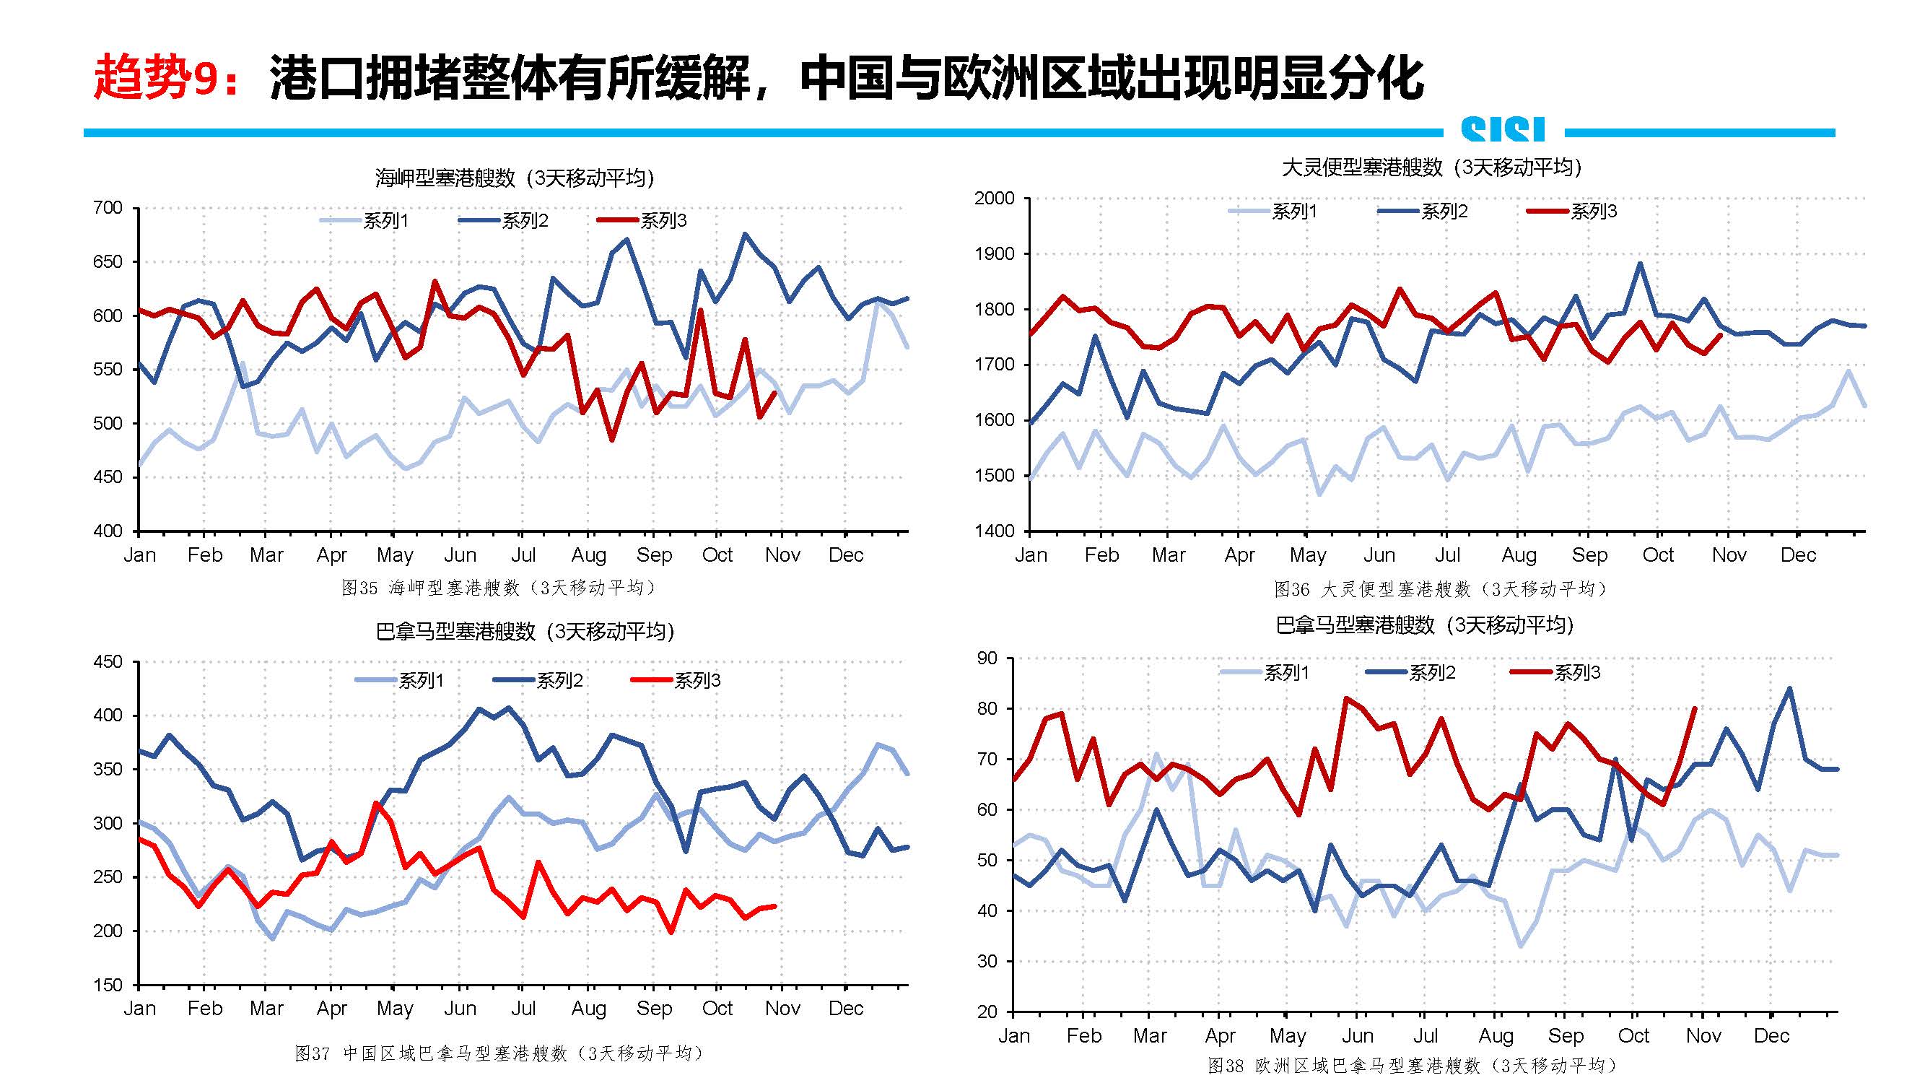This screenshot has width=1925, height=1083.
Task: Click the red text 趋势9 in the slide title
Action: (162, 77)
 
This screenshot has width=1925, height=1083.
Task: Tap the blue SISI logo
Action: (1503, 130)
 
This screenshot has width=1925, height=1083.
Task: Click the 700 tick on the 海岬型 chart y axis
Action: (108, 208)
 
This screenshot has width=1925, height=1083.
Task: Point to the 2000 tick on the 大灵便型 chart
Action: (994, 198)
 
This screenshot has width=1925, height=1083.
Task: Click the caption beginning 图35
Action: (499, 588)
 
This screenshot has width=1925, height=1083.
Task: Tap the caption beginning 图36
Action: (1440, 590)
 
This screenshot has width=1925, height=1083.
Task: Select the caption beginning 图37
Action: (499, 1053)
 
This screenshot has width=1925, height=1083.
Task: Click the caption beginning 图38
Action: (1413, 1065)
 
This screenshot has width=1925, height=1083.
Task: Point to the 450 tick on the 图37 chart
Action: (108, 661)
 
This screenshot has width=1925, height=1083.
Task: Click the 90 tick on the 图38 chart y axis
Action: (987, 658)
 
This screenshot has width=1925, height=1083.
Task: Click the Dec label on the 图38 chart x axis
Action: (1771, 1036)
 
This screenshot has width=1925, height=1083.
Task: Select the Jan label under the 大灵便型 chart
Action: (1031, 555)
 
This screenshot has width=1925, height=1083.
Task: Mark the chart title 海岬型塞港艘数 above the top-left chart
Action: (514, 178)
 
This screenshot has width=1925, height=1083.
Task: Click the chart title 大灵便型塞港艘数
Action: (1431, 168)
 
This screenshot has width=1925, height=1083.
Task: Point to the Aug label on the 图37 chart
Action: (589, 1008)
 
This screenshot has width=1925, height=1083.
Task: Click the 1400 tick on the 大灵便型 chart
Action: (994, 531)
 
